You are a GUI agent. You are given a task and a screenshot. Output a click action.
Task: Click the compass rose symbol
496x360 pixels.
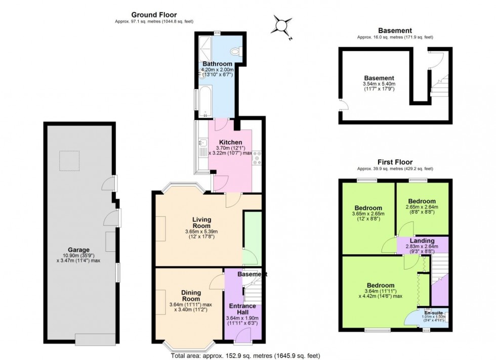(x=281, y=25)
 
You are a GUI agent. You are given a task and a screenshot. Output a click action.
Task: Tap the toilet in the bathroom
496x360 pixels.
(x=234, y=51)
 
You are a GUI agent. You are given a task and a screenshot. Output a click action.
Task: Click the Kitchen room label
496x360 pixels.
(x=230, y=142)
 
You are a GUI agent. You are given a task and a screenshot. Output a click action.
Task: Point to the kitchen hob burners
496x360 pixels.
(x=257, y=158)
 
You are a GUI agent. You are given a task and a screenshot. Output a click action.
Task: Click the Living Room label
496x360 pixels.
(x=201, y=222)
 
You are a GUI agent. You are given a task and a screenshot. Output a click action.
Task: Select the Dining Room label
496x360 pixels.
(x=191, y=295)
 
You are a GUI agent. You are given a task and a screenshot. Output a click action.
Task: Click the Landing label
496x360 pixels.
(x=423, y=241)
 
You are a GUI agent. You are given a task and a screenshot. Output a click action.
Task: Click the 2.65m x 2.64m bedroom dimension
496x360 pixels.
(x=423, y=207)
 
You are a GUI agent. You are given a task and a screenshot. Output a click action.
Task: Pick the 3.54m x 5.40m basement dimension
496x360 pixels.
(x=379, y=84)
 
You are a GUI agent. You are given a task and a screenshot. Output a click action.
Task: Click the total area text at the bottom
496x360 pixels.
(x=245, y=355)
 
